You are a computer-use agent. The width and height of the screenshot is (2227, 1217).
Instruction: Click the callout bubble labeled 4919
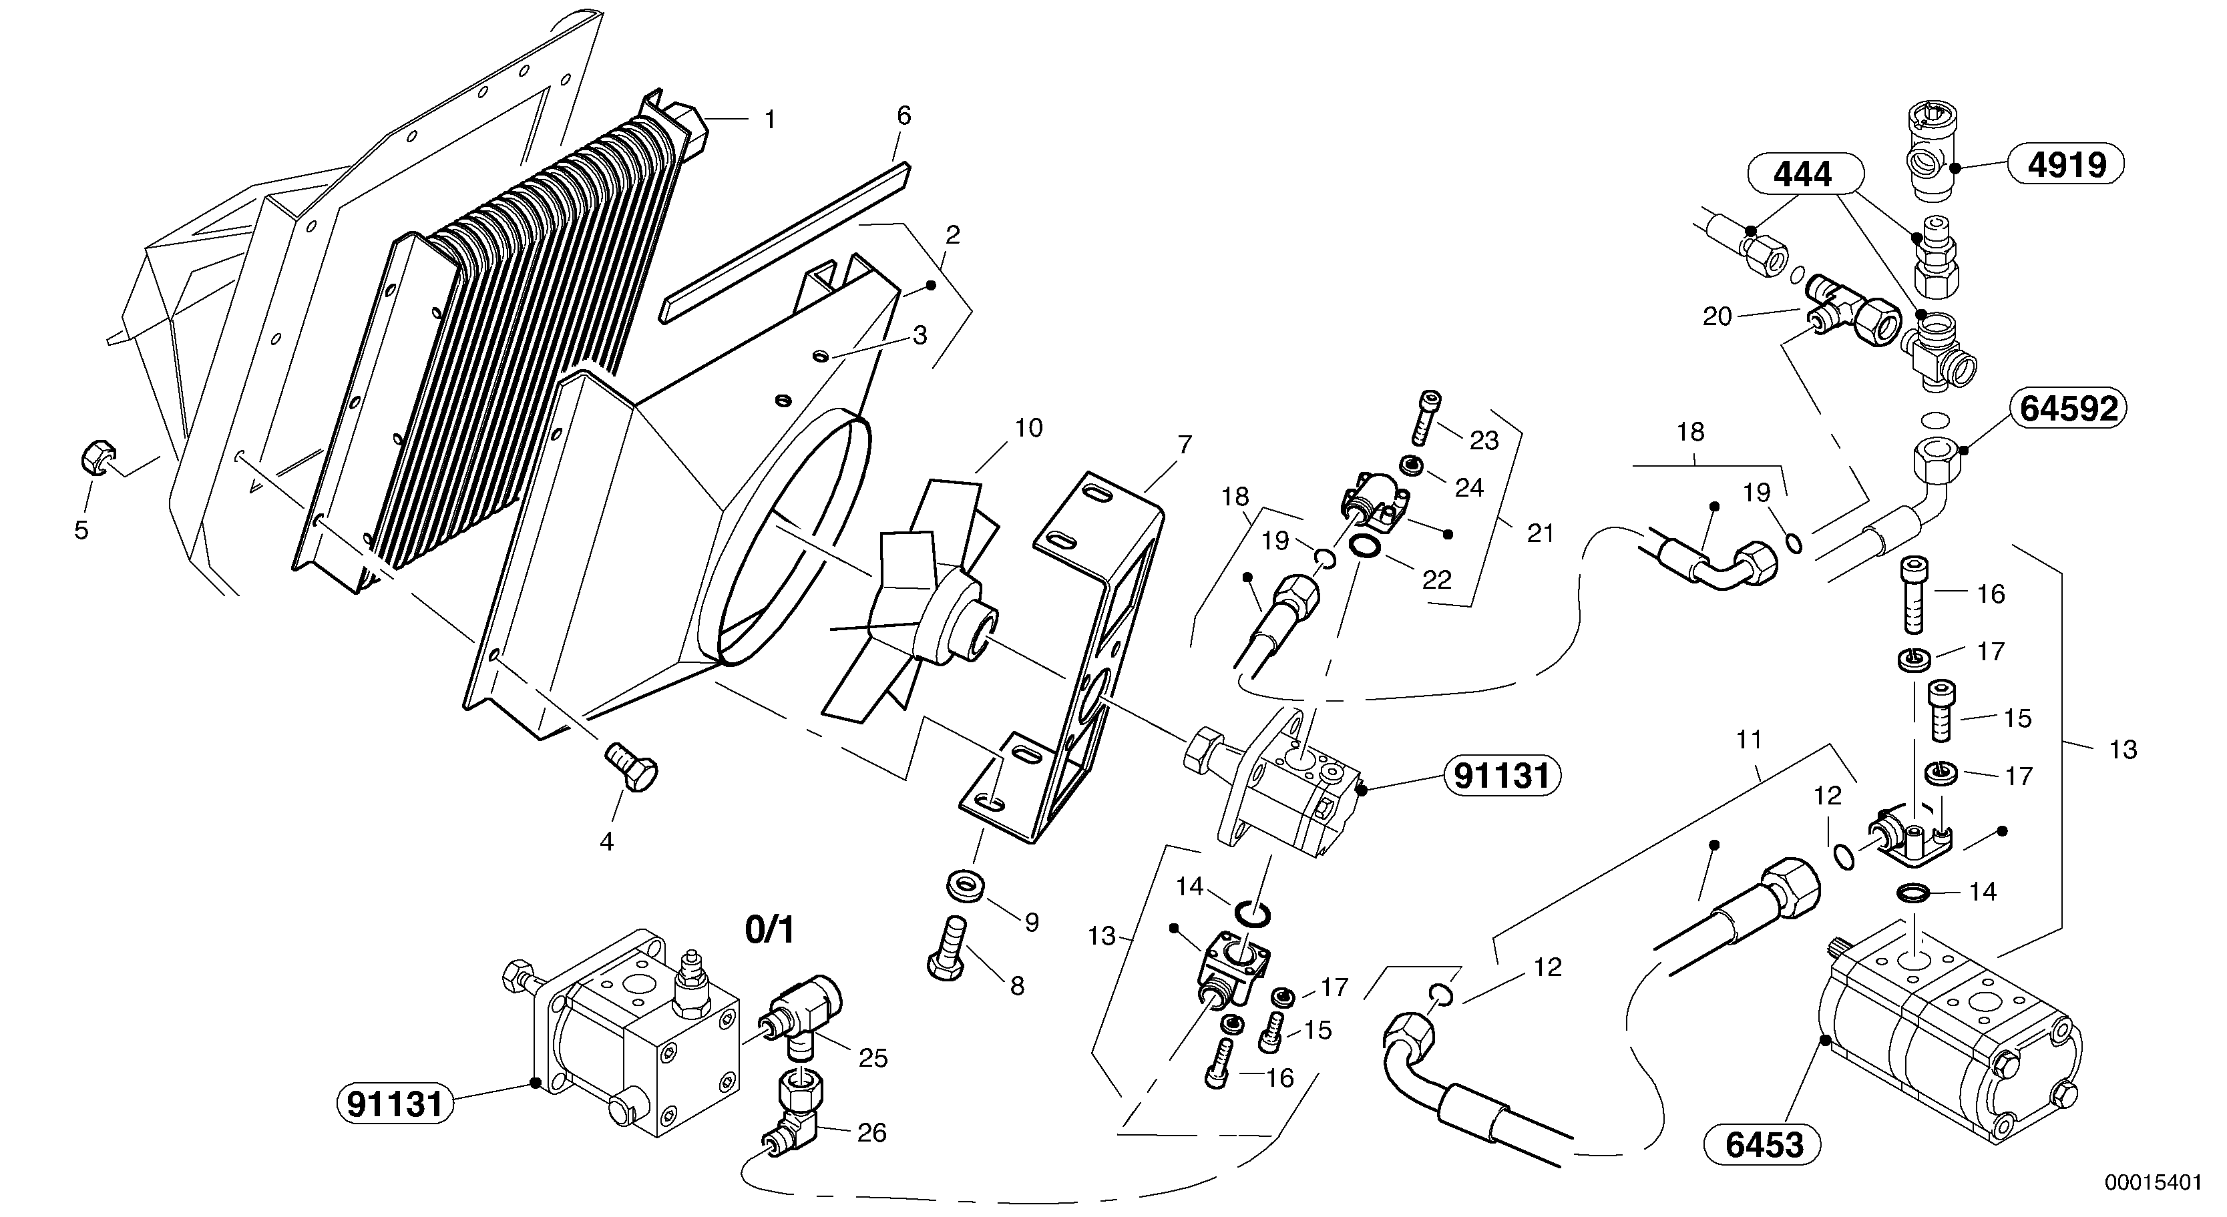2065,164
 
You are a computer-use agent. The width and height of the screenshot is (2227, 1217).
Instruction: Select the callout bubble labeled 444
1802,176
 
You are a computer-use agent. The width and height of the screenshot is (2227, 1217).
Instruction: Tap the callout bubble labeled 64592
2069,408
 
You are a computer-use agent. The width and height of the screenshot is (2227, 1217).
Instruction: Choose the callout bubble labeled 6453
1764,1144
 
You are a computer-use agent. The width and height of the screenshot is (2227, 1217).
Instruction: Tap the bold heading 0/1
769,930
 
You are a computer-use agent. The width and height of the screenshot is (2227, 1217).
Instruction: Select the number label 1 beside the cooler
769,120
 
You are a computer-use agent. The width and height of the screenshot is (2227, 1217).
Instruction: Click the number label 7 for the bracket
1185,445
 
